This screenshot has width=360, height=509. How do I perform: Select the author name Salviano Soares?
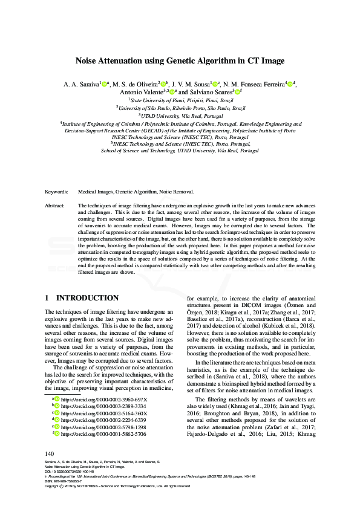coord(202,92)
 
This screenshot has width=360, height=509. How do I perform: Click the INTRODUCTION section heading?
coord(88,298)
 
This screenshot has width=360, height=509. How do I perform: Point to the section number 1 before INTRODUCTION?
coord(48,298)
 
